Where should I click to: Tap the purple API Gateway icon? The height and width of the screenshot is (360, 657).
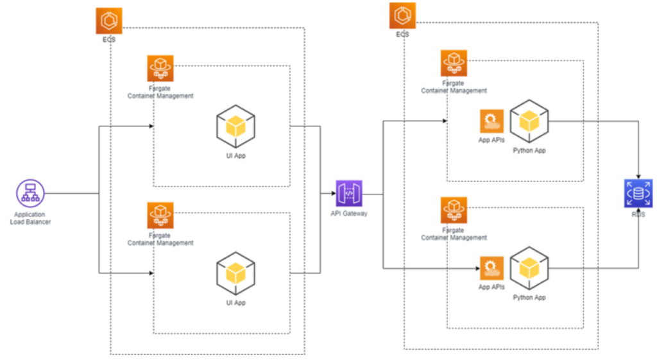(x=350, y=193)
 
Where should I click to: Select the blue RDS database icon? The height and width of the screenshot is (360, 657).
(x=638, y=193)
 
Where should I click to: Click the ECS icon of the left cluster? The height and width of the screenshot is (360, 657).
(x=109, y=21)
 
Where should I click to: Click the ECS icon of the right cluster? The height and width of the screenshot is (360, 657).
(x=402, y=15)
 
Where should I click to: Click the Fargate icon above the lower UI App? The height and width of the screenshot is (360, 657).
(x=160, y=216)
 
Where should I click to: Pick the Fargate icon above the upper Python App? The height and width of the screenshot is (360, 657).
(x=454, y=63)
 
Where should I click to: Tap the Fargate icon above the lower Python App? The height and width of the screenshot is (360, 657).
(x=454, y=210)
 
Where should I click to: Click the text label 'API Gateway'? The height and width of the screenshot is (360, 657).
(x=350, y=214)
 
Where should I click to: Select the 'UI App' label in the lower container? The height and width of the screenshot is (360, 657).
(x=235, y=302)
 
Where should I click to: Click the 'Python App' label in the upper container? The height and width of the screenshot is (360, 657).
(x=529, y=150)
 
